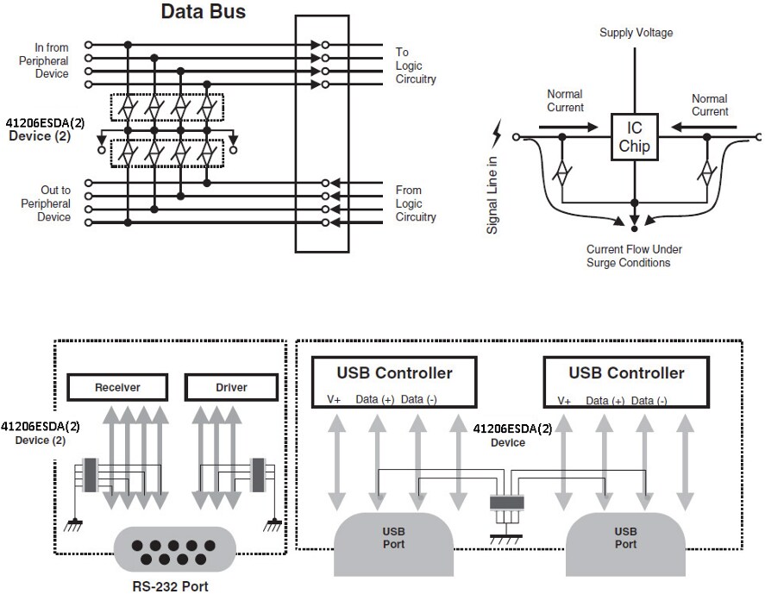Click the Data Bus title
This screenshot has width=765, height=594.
(x=204, y=12)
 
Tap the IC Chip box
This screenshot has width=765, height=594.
(x=634, y=137)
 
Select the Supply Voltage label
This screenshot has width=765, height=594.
(x=636, y=33)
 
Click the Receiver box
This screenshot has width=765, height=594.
(x=117, y=387)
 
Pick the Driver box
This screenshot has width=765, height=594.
(x=231, y=387)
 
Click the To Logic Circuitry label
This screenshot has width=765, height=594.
(x=416, y=66)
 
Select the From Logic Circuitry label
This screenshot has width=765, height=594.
(x=416, y=203)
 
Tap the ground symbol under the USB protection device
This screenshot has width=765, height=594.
(x=499, y=539)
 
